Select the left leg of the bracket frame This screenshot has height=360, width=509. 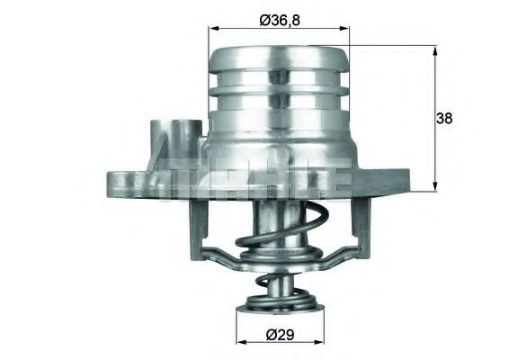[x=195, y=225]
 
